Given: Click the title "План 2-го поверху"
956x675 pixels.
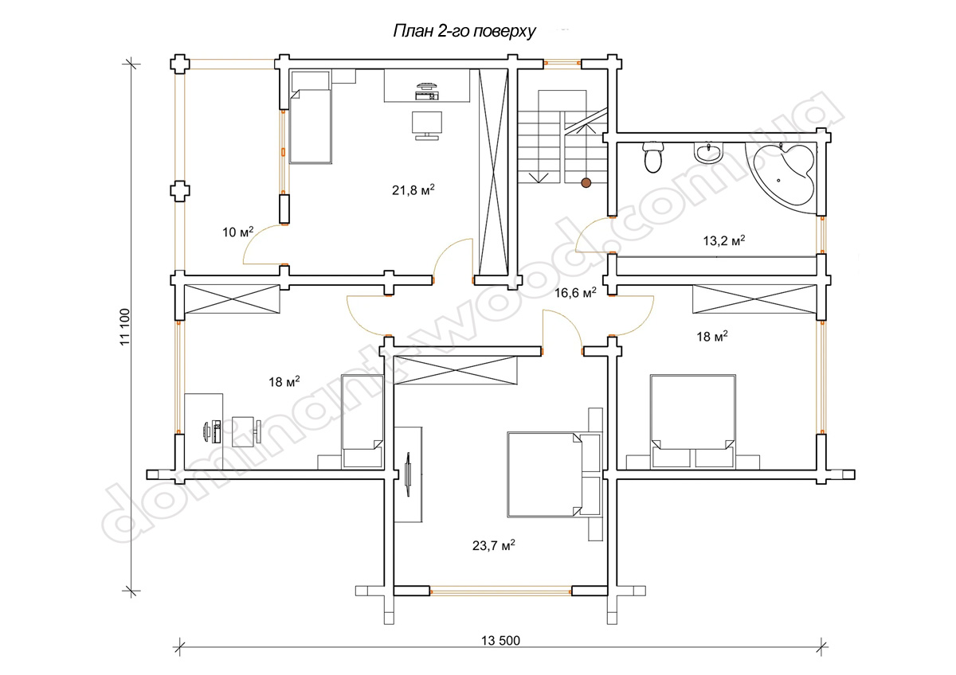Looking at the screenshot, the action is pos(464,32).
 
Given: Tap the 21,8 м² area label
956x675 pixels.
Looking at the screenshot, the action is pos(413,189).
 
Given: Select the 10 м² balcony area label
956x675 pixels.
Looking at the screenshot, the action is pos(237,232).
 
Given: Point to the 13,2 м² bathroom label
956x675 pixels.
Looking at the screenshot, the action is pos(724,240).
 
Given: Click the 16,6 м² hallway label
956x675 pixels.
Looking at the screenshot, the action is pos(575,292).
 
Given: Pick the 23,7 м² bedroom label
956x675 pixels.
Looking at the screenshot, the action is pos(493,545).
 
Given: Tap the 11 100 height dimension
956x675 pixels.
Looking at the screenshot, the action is pos(124,327).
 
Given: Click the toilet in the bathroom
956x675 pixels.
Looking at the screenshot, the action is pos(652,157).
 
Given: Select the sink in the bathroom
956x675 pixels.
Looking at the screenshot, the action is pos(708,152).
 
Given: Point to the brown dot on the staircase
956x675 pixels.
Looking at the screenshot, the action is pos(586,183).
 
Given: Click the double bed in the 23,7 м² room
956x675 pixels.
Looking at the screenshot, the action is pos(545,474).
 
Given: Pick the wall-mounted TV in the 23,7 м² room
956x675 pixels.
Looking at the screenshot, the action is pos(408,474).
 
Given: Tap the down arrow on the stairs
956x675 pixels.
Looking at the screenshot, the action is pos(539,178).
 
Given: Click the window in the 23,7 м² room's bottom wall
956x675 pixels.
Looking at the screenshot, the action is pos(500,591).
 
